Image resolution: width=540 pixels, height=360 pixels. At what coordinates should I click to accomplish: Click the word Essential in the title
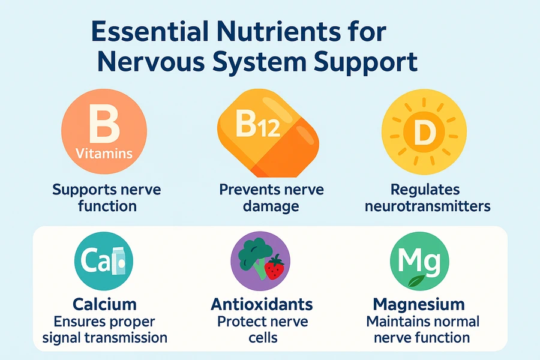(x=150, y=32)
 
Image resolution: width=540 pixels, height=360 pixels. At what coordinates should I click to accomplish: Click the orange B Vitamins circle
(x=104, y=131)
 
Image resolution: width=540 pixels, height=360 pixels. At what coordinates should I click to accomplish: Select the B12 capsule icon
(x=268, y=133)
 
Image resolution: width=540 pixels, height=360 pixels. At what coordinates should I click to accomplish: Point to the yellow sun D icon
(x=424, y=131)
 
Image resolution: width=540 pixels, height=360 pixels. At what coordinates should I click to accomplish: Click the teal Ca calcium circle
(x=104, y=261)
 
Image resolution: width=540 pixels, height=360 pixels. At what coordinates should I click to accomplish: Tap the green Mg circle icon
(x=419, y=261)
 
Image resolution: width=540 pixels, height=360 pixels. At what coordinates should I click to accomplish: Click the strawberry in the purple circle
(x=274, y=266)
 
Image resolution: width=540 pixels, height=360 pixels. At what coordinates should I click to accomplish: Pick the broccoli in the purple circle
(x=256, y=257)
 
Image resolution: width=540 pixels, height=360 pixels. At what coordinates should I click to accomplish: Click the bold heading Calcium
(x=104, y=305)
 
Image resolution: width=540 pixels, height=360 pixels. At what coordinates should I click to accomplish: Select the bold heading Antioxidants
(x=262, y=305)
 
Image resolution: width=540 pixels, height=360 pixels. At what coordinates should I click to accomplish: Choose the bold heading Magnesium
(x=419, y=305)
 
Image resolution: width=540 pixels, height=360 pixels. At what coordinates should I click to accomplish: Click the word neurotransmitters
(x=427, y=206)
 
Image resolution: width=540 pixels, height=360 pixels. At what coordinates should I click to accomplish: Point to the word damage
(x=271, y=206)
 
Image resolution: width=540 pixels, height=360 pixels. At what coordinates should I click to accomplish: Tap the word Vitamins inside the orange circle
(x=104, y=154)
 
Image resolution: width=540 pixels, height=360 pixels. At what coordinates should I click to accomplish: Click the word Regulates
(x=425, y=190)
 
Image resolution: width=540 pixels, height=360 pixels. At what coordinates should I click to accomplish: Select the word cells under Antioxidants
(x=263, y=337)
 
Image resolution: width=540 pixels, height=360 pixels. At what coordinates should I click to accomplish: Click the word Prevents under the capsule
(x=246, y=190)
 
